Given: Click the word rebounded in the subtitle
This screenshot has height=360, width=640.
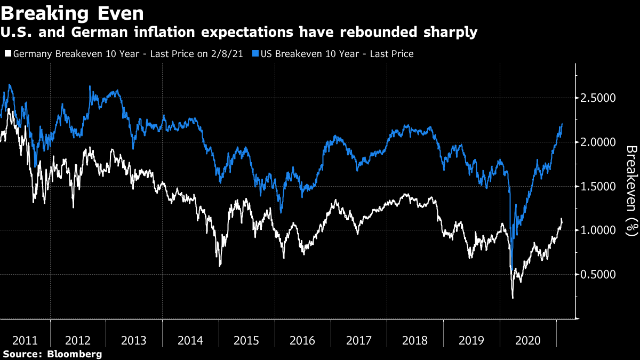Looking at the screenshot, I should click(x=388, y=33).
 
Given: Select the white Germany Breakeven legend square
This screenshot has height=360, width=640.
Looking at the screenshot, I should click(x=7, y=54).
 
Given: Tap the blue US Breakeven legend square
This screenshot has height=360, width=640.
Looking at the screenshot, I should click(x=255, y=54).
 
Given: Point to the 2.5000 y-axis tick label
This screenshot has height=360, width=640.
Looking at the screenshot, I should click(x=598, y=98).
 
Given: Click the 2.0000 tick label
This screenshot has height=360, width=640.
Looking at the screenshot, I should click(x=598, y=142).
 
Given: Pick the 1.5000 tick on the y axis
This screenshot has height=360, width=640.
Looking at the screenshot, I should click(x=598, y=187).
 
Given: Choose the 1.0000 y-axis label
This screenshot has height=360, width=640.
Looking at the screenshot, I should click(x=598, y=230).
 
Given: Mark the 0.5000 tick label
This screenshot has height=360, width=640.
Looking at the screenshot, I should click(x=598, y=275).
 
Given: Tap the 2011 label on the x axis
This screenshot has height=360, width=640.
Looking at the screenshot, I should click(x=25, y=340).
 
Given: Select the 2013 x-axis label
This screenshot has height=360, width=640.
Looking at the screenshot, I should click(x=134, y=340).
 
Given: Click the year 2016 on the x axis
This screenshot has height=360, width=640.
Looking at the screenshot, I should click(x=302, y=340).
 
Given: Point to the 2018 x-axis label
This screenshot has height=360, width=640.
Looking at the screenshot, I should click(x=414, y=340).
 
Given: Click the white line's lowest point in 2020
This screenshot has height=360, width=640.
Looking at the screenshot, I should click(x=513, y=298).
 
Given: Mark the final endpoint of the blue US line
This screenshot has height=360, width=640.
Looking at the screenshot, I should click(x=562, y=124).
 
